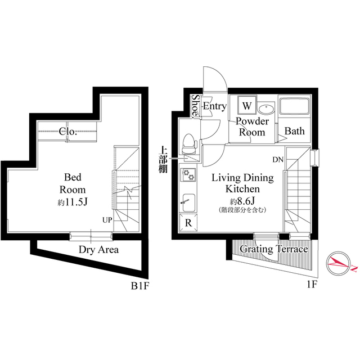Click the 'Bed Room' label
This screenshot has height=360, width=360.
click(x=73, y=183)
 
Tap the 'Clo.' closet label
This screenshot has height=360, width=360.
click(x=68, y=132)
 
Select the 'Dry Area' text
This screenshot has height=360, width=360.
click(x=98, y=249)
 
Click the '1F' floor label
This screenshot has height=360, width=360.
click(x=312, y=285)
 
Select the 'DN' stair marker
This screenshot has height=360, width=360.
click(x=278, y=160)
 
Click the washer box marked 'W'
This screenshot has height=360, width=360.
click(x=247, y=105)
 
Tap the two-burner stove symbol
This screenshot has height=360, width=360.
click(x=187, y=176)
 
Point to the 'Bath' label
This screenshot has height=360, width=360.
click(x=294, y=132)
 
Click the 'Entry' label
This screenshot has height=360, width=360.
click(x=214, y=106)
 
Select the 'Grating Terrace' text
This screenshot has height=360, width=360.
click(x=274, y=249)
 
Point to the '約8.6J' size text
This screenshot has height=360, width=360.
click(x=242, y=201)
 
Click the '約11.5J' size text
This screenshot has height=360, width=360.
click(x=73, y=202)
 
